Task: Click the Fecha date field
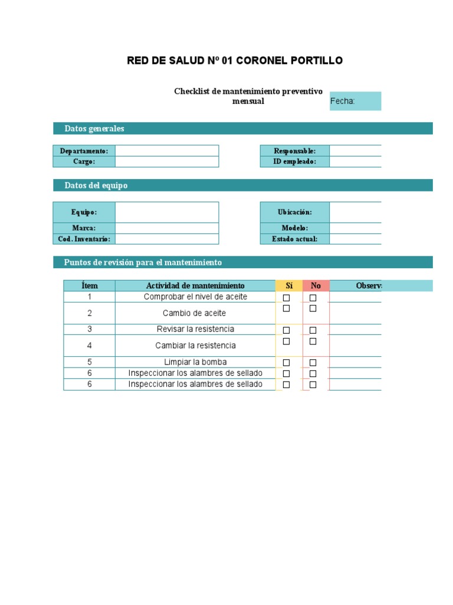(x=356, y=101)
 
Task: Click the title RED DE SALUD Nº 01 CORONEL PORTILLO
(x=235, y=61)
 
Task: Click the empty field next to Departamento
(x=167, y=151)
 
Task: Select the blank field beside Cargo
(x=167, y=161)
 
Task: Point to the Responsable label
(x=295, y=151)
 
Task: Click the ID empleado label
(x=295, y=161)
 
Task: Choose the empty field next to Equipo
(x=167, y=212)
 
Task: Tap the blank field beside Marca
(x=167, y=228)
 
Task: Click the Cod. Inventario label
(x=84, y=239)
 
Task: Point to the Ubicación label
(x=295, y=212)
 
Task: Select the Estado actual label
(x=295, y=239)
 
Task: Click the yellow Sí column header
(x=289, y=286)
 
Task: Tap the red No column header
(x=316, y=286)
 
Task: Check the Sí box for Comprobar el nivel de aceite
(x=287, y=298)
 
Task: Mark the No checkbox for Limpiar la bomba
(x=313, y=363)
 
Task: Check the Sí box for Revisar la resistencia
(x=287, y=330)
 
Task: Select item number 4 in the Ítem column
(x=90, y=346)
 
